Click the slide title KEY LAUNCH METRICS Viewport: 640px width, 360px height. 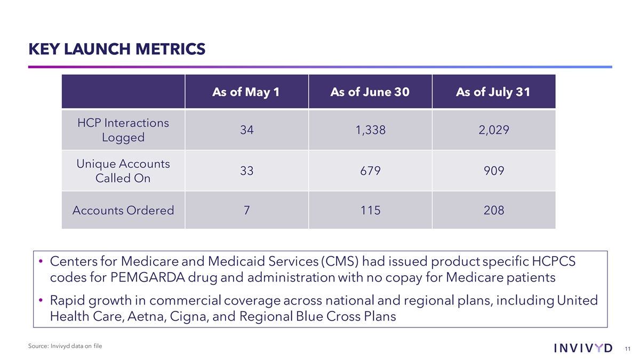pos(116,49)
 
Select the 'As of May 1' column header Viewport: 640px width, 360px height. pos(246,92)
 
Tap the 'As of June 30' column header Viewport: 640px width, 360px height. pos(370,92)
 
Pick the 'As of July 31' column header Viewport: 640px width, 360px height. pos(493,92)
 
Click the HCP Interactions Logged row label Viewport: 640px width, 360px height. pos(123,130)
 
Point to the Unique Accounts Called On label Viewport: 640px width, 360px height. pos(123,171)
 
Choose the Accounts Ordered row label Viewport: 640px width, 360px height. pos(123,210)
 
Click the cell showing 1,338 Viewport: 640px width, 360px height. pos(370,130)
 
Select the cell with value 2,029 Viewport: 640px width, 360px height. pos(493,130)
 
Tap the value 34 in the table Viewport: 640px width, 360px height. pos(246,130)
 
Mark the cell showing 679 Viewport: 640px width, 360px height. pos(370,171)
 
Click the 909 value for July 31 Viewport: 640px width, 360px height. pos(493,171)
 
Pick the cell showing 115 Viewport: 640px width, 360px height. pos(370,210)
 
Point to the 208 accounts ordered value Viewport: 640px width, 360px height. pos(493,210)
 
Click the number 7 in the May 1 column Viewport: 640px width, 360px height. pos(246,210)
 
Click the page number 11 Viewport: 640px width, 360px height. pos(627,348)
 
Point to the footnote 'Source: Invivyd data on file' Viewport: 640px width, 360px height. pos(65,347)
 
